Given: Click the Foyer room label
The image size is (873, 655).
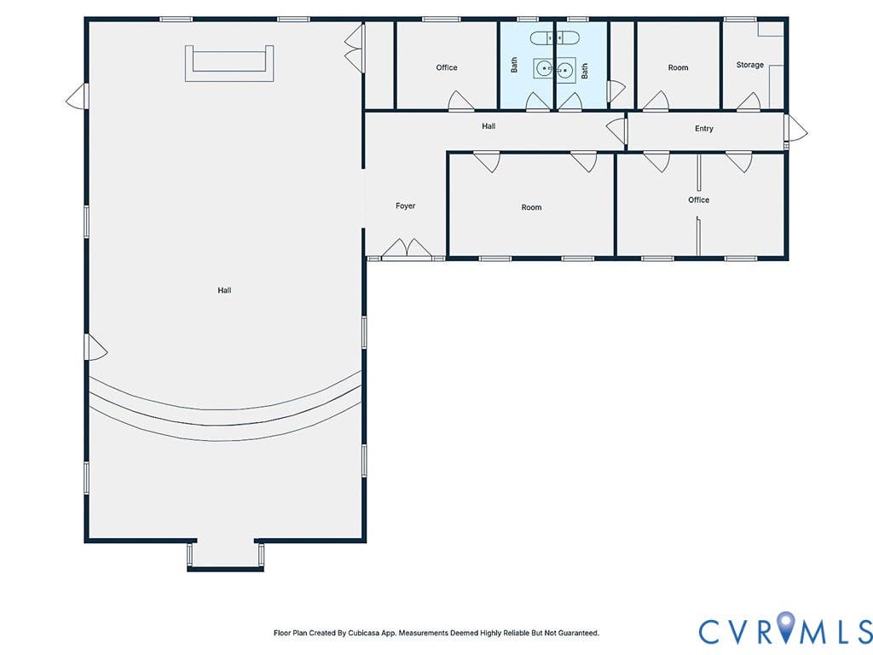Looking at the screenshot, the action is [x=405, y=206].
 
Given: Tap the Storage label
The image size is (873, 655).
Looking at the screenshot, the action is [x=750, y=65].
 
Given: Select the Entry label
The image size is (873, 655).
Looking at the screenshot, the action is [x=703, y=129].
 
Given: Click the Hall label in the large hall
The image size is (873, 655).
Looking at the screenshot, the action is [x=224, y=290].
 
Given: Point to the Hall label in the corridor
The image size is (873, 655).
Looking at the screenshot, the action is [x=489, y=126].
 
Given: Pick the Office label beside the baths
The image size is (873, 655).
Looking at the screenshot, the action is [x=447, y=67].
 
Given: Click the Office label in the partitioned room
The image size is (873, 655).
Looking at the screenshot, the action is [x=699, y=200].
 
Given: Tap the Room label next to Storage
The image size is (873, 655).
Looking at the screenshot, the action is [x=678, y=67].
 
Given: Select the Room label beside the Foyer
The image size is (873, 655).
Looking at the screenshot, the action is [x=531, y=207].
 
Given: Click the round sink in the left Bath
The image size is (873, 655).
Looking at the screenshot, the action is [x=543, y=69].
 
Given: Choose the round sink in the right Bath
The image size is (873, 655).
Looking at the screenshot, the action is [x=565, y=70].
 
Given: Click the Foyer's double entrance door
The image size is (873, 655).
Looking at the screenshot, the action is [x=407, y=249].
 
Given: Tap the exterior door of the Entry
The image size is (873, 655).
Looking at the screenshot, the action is [x=795, y=128].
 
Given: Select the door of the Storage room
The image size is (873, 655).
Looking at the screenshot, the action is [x=749, y=101].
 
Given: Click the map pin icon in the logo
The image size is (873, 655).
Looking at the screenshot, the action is [x=786, y=625].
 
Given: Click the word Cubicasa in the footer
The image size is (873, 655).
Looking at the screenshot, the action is [x=363, y=633].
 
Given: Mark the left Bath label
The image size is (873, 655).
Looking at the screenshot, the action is [x=514, y=65].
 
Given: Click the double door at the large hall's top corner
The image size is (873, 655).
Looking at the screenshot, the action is [x=354, y=48].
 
